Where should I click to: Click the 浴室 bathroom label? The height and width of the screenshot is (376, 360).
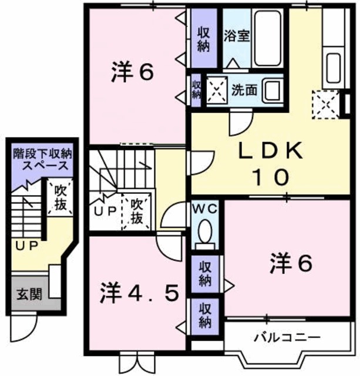[237, 35]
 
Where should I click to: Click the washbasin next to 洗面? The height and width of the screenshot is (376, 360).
[272, 91]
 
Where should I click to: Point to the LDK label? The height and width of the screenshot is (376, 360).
[271, 152]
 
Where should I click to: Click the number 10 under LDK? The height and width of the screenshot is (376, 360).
[271, 176]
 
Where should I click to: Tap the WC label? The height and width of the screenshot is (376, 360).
[204, 209]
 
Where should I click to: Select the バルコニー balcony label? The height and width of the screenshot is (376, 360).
[287, 338]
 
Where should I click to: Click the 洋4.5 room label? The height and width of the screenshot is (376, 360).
[139, 291]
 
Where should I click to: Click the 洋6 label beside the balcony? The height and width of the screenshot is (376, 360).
[290, 264]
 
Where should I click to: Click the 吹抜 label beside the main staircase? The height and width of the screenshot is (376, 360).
[136, 211]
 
